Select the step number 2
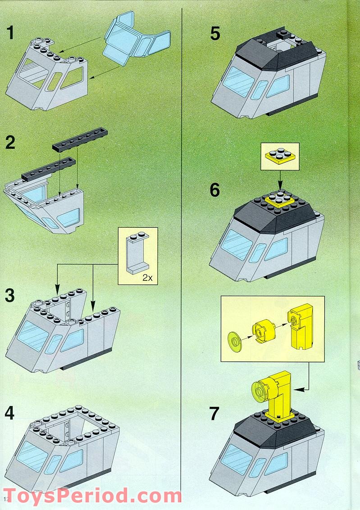(10, 143)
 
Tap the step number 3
(10, 296)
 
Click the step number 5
(215, 33)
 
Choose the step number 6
(215, 190)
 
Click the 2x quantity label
(147, 278)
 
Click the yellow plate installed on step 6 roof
(279, 199)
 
